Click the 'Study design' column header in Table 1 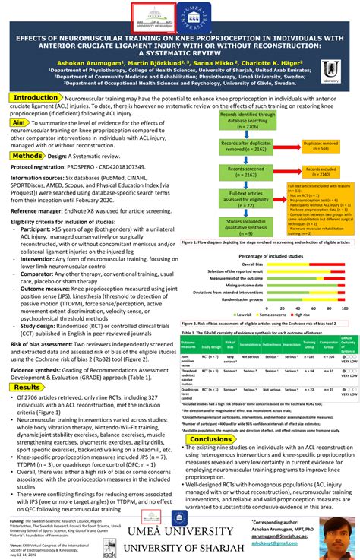[211, 324]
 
